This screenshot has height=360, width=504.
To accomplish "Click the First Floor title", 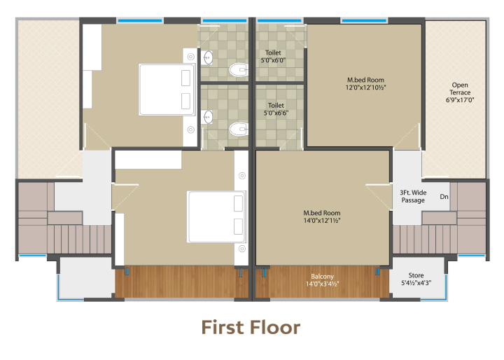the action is (x=251, y=328).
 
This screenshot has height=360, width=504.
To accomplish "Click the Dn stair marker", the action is (x=444, y=197).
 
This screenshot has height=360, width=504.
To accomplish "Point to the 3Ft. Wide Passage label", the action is (x=413, y=196).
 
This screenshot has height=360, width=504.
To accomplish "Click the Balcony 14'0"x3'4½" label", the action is (x=322, y=280).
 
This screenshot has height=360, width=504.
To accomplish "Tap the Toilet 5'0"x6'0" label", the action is (x=273, y=56).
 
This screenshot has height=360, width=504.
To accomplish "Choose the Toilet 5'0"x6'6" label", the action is (x=276, y=109).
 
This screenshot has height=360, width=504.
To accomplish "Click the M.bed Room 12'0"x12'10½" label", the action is (x=365, y=83).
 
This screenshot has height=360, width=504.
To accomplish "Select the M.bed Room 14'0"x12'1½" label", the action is (x=322, y=216).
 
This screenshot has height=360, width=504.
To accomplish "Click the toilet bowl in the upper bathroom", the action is (x=238, y=69).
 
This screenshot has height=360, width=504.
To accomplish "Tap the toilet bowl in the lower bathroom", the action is (x=238, y=129).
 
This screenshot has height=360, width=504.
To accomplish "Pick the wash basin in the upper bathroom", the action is (x=208, y=58).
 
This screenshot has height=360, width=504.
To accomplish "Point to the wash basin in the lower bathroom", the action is (x=208, y=117).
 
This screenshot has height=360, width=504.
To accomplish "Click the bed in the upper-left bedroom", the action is (x=167, y=90).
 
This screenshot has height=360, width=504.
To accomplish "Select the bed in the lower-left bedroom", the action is (x=216, y=217).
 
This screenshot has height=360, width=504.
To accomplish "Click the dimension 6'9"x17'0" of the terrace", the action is (x=460, y=100).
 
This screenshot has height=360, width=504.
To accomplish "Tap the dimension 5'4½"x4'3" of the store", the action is (x=416, y=283).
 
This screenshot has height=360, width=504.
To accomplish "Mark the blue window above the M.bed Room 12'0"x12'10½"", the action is (x=364, y=20).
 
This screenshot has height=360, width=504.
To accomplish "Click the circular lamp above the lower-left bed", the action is (x=242, y=176).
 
